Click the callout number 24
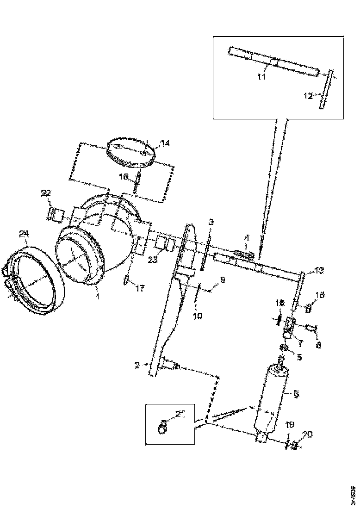pyautogui.click(x=24, y=235)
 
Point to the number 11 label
pyautogui.click(x=261, y=77)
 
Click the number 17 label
pyautogui.click(x=140, y=288)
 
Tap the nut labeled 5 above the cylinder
pyautogui.click(x=285, y=348)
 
